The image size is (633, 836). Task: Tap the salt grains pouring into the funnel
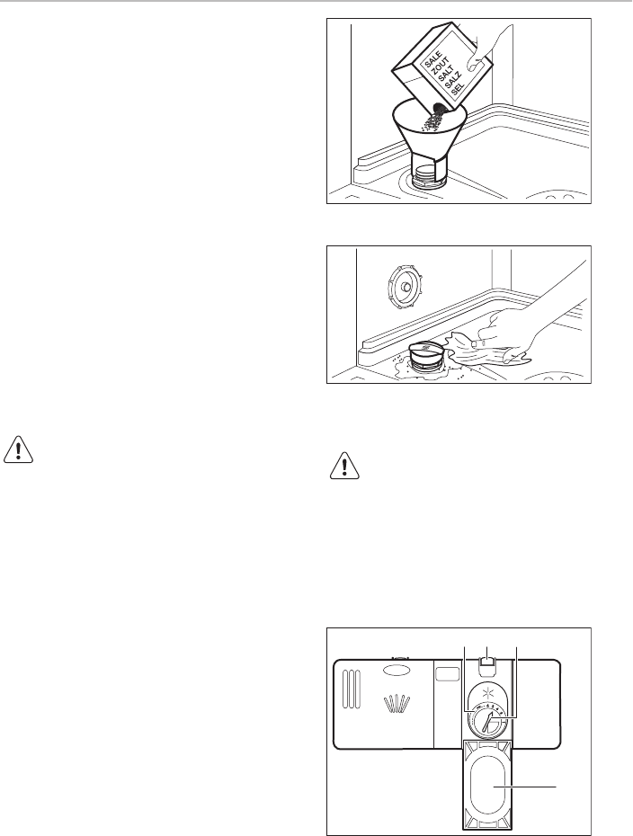pos(433,119)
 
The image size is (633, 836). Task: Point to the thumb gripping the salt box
pos(474,63)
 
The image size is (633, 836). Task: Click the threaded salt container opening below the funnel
pos(427,175)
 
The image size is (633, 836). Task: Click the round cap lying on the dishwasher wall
pos(406,288)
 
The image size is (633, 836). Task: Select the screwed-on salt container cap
pos(426,354)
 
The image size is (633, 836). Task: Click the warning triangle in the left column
pos(19,450)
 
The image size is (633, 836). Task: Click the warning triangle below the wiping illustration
pos(345,465)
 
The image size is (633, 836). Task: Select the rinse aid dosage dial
pos(487,721)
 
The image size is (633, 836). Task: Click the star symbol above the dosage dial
pos(486,692)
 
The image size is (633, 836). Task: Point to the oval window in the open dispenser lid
pos(486,786)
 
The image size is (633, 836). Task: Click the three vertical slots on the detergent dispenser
pos(352,689)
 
